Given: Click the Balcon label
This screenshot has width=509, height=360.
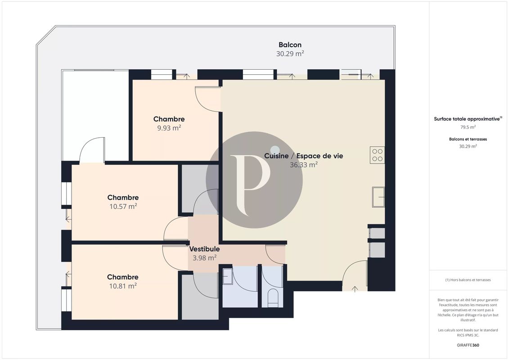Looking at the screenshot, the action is [x=290, y=45].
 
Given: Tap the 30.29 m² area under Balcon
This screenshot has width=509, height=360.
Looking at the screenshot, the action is [x=290, y=54].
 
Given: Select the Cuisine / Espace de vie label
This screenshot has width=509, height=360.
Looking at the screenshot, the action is [x=303, y=156].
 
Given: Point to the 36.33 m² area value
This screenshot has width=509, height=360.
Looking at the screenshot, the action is [x=303, y=165].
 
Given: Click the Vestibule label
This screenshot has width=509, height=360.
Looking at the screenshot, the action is [x=204, y=249].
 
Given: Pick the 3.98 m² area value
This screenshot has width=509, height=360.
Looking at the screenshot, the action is [x=204, y=258].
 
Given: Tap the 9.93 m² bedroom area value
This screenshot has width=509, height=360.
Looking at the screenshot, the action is [x=169, y=128].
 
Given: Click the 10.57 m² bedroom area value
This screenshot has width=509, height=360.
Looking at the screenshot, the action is [x=123, y=206].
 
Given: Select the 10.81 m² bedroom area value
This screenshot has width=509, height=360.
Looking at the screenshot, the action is [x=123, y=286].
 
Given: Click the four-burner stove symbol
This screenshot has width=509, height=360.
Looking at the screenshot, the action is [x=377, y=155].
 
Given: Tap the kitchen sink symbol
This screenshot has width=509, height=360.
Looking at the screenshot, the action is [x=378, y=197].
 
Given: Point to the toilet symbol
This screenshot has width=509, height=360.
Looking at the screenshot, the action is [x=273, y=298].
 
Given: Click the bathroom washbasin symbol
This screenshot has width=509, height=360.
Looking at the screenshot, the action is [x=228, y=276].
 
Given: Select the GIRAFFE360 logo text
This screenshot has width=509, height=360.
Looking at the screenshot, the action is [x=468, y=345].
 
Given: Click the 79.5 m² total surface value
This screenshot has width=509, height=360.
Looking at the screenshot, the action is [x=468, y=127].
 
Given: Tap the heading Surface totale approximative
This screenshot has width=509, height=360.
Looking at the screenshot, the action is [x=467, y=119].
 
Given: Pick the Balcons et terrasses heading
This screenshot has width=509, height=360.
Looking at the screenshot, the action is [x=468, y=139].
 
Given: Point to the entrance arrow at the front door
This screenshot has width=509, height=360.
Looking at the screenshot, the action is [x=355, y=288].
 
